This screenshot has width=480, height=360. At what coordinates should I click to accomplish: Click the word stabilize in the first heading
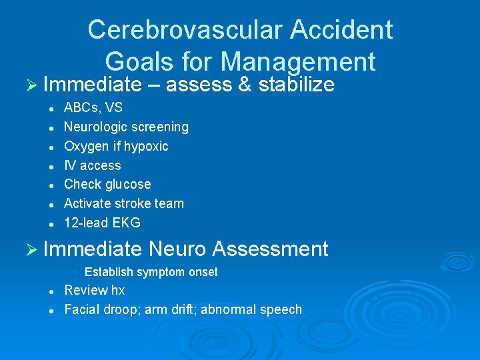(296, 85)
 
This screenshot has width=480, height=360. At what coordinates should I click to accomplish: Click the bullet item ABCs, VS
(93, 107)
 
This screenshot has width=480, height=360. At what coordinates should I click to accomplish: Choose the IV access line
(92, 165)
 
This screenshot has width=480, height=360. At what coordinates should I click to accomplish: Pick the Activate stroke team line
(123, 203)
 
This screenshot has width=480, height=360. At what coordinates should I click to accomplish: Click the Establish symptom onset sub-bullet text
(151, 272)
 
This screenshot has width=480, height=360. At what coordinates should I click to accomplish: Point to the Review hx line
(94, 290)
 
